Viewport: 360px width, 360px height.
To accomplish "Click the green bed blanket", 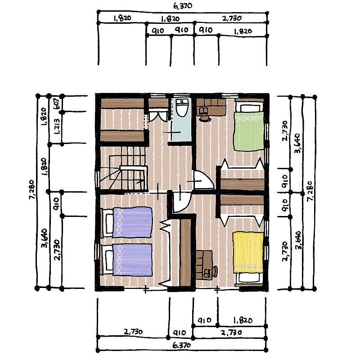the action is pyautogui.click(x=249, y=131).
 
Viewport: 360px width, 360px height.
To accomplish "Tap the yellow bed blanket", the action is pyautogui.click(x=248, y=252).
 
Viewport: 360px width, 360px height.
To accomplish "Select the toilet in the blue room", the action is pyautogui.click(x=182, y=108).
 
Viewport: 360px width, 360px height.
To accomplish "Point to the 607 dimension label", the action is pyautogui.click(x=57, y=104).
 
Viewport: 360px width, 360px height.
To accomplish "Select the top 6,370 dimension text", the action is pyautogui.click(x=183, y=6).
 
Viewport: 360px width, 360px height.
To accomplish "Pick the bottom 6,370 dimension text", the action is pyautogui.click(x=181, y=345).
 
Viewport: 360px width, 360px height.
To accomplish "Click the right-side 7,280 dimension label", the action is pyautogui.click(x=310, y=191).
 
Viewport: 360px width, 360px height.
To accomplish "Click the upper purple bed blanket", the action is pyautogui.click(x=132, y=222).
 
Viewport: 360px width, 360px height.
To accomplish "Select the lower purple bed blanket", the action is pyautogui.click(x=132, y=260).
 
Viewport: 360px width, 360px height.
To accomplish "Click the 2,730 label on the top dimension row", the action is pyautogui.click(x=232, y=18).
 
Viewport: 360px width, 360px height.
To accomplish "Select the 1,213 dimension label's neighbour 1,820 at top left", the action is pyautogui.click(x=44, y=117).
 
